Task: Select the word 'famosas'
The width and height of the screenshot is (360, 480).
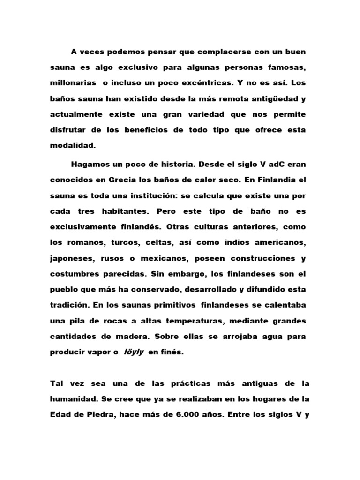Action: coord(284,67)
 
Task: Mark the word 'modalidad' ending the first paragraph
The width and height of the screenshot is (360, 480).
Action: coord(72,146)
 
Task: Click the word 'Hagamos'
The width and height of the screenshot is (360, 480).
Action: coord(90,164)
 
